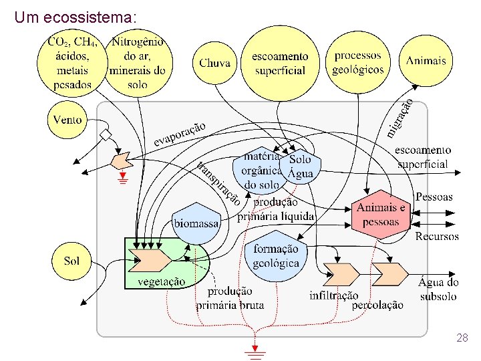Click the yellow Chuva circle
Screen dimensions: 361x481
pos(214,63)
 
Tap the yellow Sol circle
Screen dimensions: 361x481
pos(71,260)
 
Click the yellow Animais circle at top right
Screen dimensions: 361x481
pos(426,60)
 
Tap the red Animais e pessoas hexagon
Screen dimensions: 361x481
pos(381,215)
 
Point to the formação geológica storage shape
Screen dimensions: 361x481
pos(277,255)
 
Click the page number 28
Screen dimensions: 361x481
pos(462,339)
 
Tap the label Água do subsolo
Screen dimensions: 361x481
pos(438,289)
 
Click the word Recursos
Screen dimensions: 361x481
pos(437,236)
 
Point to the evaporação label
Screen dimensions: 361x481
pos(180,133)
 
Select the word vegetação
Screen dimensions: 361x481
pos(162,281)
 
